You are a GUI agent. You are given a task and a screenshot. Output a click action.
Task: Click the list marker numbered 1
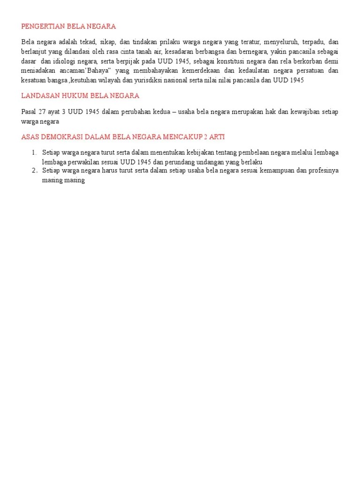(x=34, y=153)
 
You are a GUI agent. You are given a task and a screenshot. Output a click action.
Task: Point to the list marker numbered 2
(x=34, y=171)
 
